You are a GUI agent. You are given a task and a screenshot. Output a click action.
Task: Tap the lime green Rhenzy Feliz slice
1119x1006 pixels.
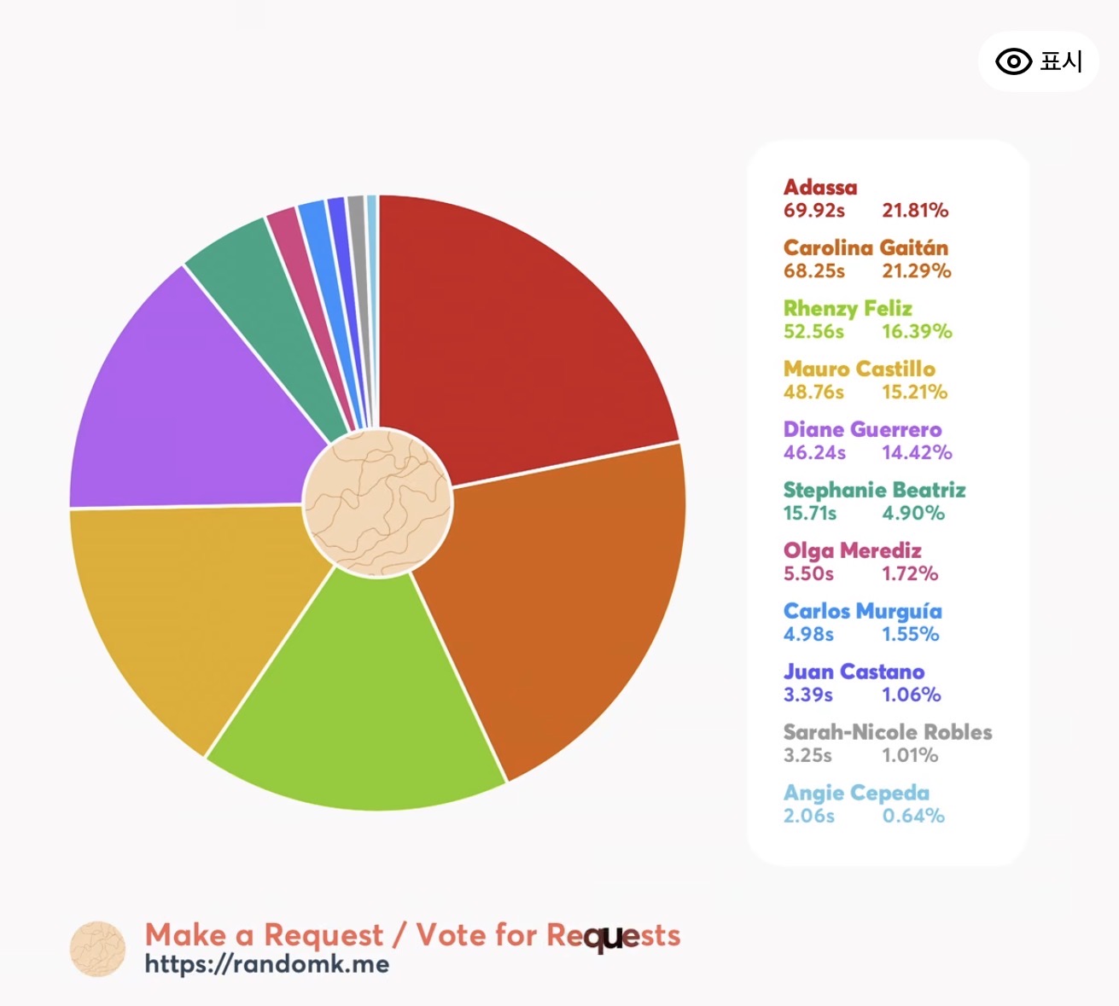pyautogui.click(x=367, y=708)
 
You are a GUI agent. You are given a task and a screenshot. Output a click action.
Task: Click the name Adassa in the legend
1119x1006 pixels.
pyautogui.click(x=820, y=187)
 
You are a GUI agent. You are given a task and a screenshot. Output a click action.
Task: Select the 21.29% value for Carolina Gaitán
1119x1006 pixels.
pyautogui.click(x=916, y=271)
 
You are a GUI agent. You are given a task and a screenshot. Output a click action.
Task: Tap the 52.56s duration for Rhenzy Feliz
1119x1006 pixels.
pyautogui.click(x=813, y=332)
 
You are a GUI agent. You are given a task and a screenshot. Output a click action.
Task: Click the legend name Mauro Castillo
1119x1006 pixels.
pyautogui.click(x=859, y=369)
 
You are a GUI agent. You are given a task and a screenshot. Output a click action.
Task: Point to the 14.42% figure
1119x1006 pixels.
pyautogui.click(x=917, y=453)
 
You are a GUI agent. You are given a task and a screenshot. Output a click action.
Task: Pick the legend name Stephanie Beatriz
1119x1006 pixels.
pyautogui.click(x=874, y=490)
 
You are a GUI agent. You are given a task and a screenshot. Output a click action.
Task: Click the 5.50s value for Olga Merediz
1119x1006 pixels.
pyautogui.click(x=808, y=574)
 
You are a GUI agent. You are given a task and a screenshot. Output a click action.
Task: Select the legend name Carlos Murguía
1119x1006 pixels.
pyautogui.click(x=862, y=611)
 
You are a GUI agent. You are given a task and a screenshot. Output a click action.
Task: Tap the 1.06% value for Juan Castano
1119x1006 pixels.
pyautogui.click(x=912, y=695)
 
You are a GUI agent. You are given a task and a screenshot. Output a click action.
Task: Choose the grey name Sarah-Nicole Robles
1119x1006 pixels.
pyautogui.click(x=888, y=732)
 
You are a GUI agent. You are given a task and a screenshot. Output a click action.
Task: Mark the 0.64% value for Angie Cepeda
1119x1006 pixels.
pyautogui.click(x=913, y=817)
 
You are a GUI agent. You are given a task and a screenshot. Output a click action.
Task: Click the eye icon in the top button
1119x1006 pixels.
pyautogui.click(x=1013, y=61)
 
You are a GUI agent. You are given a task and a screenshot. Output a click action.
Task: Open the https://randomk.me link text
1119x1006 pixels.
pyautogui.click(x=266, y=964)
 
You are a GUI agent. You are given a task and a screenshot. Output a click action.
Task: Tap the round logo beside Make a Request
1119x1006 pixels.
pyautogui.click(x=97, y=949)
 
